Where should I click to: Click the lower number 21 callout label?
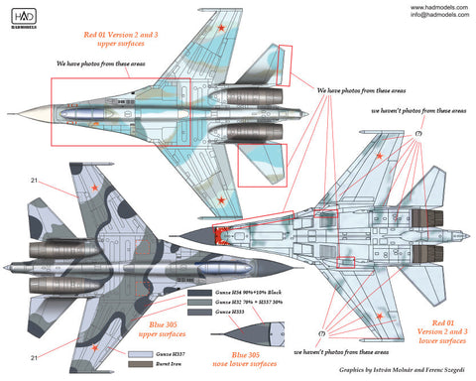36,357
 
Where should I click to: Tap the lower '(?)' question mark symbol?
321,332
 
